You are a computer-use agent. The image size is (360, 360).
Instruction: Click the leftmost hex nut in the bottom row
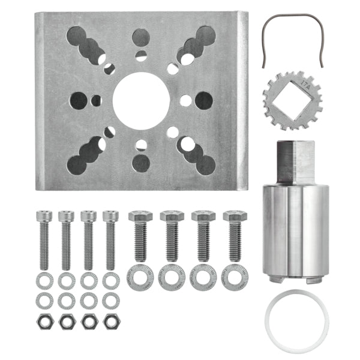(x=44, y=321)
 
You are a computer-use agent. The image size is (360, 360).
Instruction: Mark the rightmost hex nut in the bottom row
(x=110, y=321)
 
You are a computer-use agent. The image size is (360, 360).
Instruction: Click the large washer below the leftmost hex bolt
(x=140, y=278)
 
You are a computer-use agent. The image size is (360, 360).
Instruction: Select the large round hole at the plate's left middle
(x=78, y=100)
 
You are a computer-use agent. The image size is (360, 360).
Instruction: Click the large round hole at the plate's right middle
(x=203, y=100)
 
